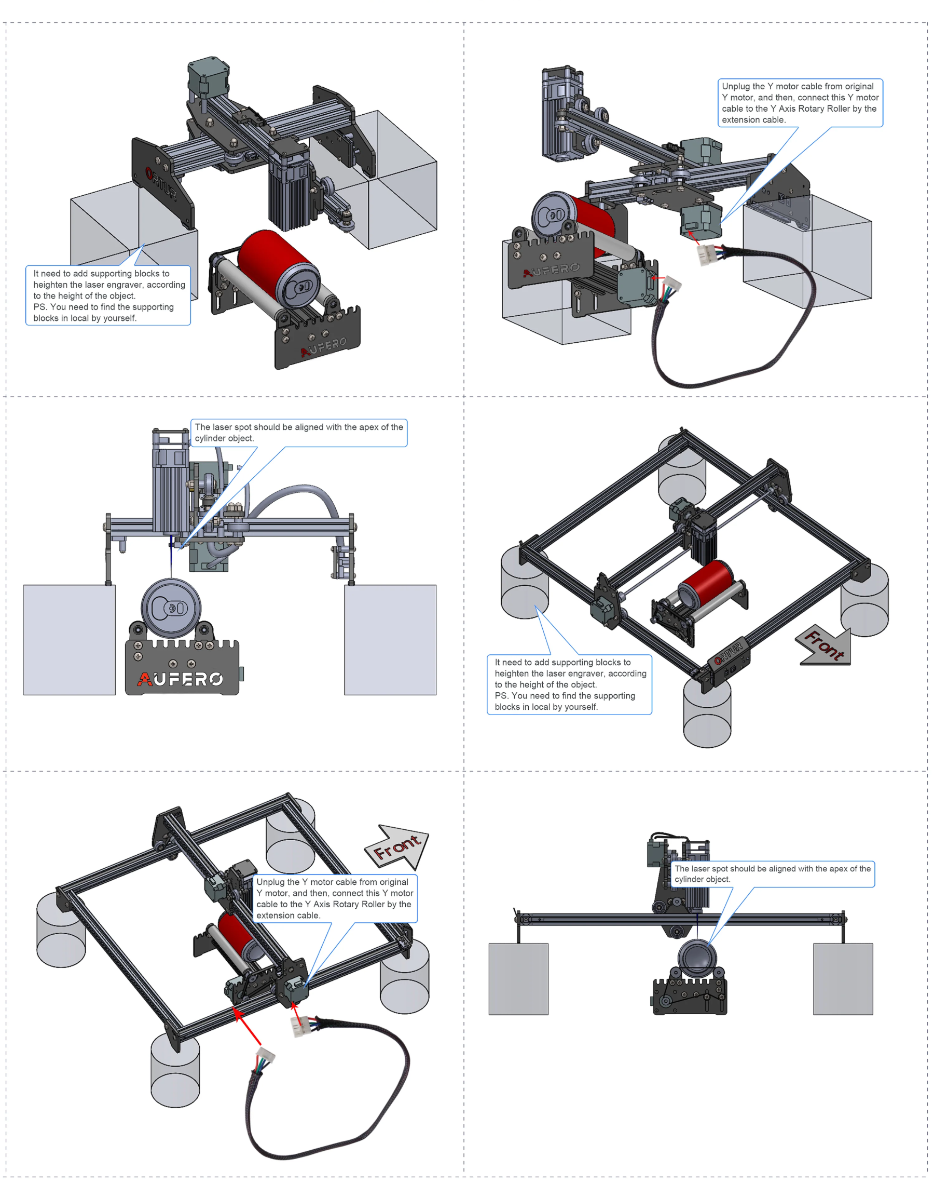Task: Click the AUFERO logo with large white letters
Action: click(x=181, y=679)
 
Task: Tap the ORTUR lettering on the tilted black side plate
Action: click(x=162, y=183)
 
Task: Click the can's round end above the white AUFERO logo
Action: click(x=171, y=608)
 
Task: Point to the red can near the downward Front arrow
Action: click(x=708, y=582)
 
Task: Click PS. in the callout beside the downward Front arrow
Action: click(x=501, y=695)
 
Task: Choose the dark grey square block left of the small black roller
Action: click(x=518, y=978)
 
